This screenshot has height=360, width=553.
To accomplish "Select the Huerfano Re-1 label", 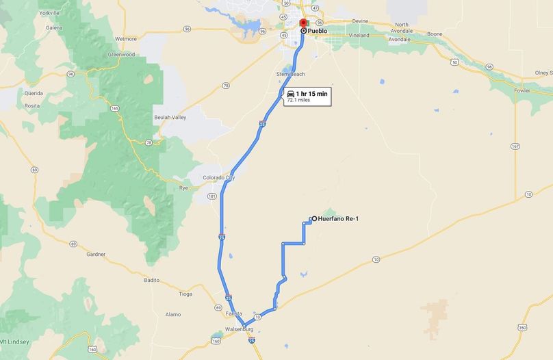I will [339, 219].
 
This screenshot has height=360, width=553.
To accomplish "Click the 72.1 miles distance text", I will [299, 100].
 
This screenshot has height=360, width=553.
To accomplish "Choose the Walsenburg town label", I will [239, 329].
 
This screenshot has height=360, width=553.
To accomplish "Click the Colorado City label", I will [219, 178].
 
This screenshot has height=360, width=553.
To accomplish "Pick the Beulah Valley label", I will [170, 118].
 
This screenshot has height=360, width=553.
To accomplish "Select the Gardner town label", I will [96, 255].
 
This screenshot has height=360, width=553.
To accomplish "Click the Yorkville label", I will [50, 13].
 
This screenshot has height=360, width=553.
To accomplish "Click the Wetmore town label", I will [126, 39].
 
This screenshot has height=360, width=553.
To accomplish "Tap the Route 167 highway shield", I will [515, 146].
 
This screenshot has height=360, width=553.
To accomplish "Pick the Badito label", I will [151, 280].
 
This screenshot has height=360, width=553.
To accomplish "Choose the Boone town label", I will [435, 34].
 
